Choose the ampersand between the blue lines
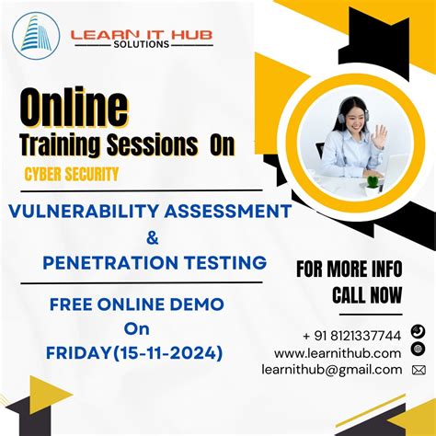pos(152,237)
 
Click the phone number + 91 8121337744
pos(351,335)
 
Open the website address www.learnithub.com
pos(338,352)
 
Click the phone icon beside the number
pos(419,331)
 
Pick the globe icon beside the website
pos(419,350)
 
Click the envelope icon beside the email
pos(419,370)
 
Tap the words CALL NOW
pos(367,295)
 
